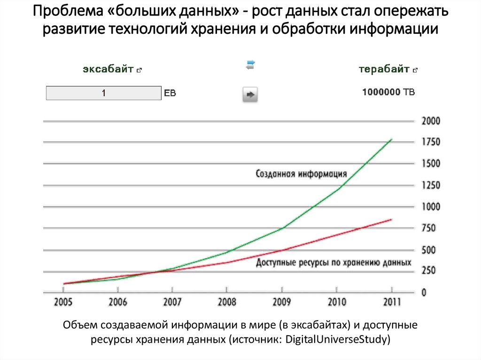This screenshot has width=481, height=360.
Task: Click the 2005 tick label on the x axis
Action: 63,302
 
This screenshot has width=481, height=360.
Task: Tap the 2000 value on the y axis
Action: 431,121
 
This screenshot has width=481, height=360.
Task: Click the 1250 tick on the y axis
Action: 431,185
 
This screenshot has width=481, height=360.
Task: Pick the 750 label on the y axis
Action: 429,229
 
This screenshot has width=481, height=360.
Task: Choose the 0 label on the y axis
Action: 424,293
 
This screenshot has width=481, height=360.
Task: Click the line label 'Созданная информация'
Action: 301,174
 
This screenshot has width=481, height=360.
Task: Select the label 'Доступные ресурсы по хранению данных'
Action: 334,262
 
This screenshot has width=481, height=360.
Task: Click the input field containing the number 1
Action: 103,93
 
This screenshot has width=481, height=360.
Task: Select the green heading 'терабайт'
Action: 384,69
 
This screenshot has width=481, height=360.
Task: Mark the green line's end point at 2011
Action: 391,139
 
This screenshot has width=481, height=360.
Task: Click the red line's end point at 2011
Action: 391,219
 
